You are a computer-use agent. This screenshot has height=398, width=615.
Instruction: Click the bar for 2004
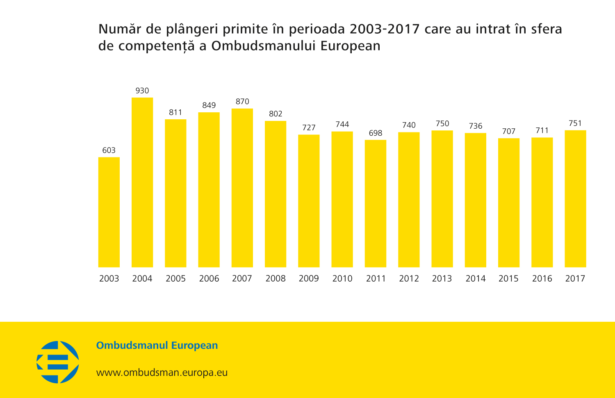(x=142, y=182)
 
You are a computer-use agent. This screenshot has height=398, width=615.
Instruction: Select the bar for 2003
(x=109, y=212)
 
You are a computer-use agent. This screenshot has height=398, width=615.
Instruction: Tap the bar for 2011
(x=376, y=204)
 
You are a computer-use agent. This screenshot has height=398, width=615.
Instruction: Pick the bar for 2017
(x=575, y=199)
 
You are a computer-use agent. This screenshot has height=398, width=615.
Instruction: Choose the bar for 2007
(x=242, y=188)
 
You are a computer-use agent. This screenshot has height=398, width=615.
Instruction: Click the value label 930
(x=142, y=91)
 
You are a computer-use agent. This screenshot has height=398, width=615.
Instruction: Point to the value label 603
(x=109, y=150)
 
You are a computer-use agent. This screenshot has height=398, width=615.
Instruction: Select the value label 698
(x=376, y=133)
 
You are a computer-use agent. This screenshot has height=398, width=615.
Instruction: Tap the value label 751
(x=575, y=123)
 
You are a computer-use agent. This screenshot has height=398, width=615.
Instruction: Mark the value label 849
(x=209, y=105)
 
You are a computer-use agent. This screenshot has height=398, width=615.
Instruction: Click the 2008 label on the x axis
(x=276, y=279)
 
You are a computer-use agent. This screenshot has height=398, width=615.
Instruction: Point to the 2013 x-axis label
(x=442, y=279)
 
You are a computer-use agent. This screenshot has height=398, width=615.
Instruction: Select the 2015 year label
(x=508, y=279)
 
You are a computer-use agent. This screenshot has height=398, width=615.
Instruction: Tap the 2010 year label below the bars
(x=342, y=279)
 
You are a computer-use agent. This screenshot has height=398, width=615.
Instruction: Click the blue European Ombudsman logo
(x=58, y=362)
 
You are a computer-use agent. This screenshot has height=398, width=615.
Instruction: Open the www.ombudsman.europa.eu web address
(x=162, y=373)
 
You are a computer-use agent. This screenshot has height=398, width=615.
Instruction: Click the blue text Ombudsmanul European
(x=157, y=346)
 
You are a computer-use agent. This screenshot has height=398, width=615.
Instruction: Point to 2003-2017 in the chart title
(x=385, y=29)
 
